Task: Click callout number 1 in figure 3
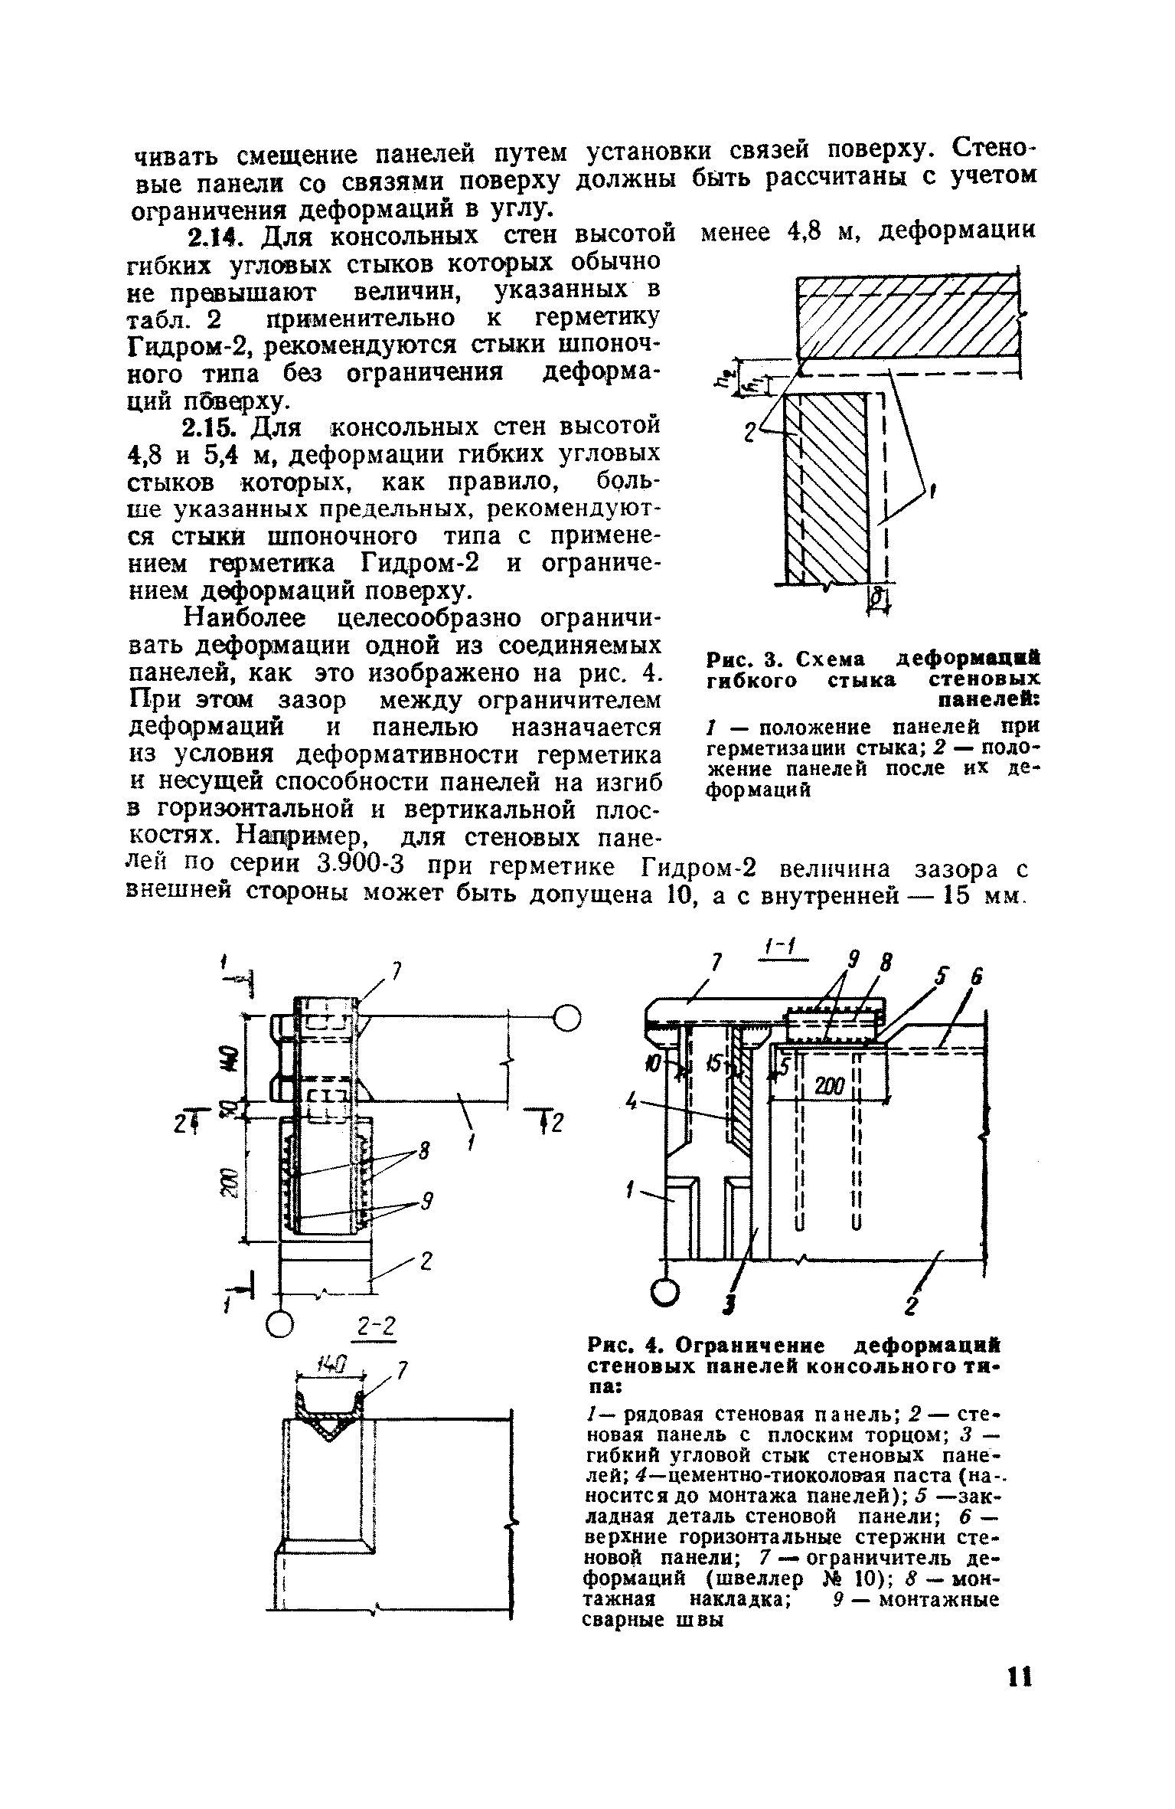click(x=933, y=495)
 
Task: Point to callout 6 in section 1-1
click(x=977, y=978)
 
